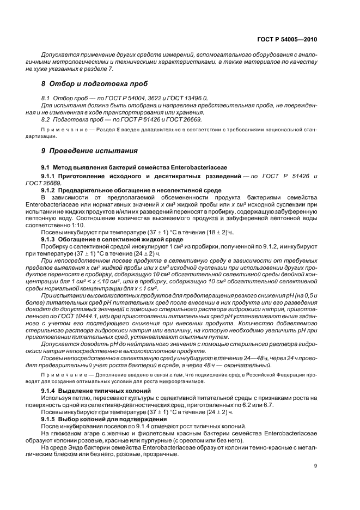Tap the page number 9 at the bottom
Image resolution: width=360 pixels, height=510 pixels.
coord(315,465)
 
